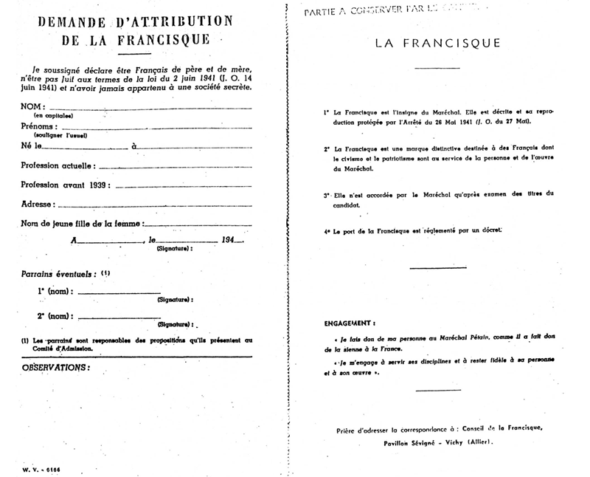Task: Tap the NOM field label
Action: [32, 107]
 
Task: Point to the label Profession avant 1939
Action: [66, 185]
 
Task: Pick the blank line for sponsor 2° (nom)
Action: [118, 317]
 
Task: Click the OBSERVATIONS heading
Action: [55, 367]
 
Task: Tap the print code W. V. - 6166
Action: [40, 469]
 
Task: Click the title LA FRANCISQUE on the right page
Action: [437, 43]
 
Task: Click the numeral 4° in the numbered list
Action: [326, 232]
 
